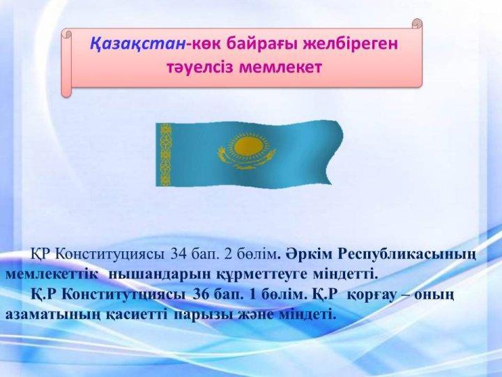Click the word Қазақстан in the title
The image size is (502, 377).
[137, 43]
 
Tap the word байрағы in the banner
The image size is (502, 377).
[262, 45]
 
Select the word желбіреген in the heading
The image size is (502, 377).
[351, 45]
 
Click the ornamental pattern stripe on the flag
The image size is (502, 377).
[165, 155]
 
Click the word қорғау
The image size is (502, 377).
[372, 295]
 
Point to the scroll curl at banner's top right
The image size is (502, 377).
[417, 24]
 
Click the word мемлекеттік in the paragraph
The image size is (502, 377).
[52, 275]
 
